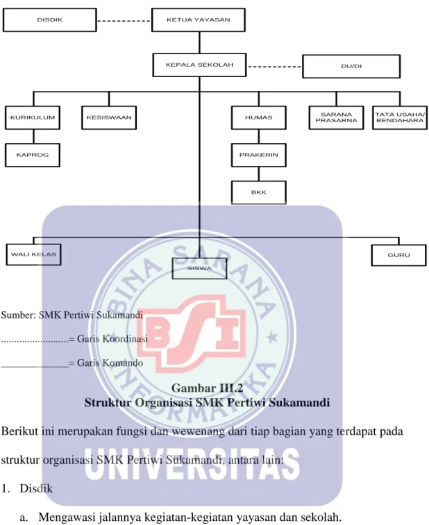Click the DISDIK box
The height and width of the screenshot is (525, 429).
coord(49,20)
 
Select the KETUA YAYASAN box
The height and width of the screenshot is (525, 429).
coord(199,20)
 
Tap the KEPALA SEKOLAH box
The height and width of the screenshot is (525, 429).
coord(199,65)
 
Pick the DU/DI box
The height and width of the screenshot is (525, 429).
coord(351,67)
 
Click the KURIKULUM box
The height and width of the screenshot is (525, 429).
coord(33,117)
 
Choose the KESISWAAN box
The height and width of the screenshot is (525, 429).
coord(109,117)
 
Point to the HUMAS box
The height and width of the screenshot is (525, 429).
coord(259,117)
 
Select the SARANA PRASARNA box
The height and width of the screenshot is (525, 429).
coord(336,117)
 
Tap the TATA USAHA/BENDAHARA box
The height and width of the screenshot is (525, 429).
coord(401,117)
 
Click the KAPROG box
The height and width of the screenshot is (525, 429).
coord(33,155)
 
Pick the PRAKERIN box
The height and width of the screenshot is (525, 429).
coord(259,155)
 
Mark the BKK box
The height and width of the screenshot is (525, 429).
coord(259,192)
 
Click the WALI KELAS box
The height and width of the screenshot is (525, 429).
coord(33,254)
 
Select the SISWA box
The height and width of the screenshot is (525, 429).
coord(199,269)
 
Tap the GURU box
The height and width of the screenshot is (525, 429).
coord(399,255)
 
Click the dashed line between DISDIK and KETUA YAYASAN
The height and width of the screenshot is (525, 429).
coord(124,21)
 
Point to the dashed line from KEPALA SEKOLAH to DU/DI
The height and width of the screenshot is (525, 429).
coord(274,67)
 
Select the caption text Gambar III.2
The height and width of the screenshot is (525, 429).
coord(207,387)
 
